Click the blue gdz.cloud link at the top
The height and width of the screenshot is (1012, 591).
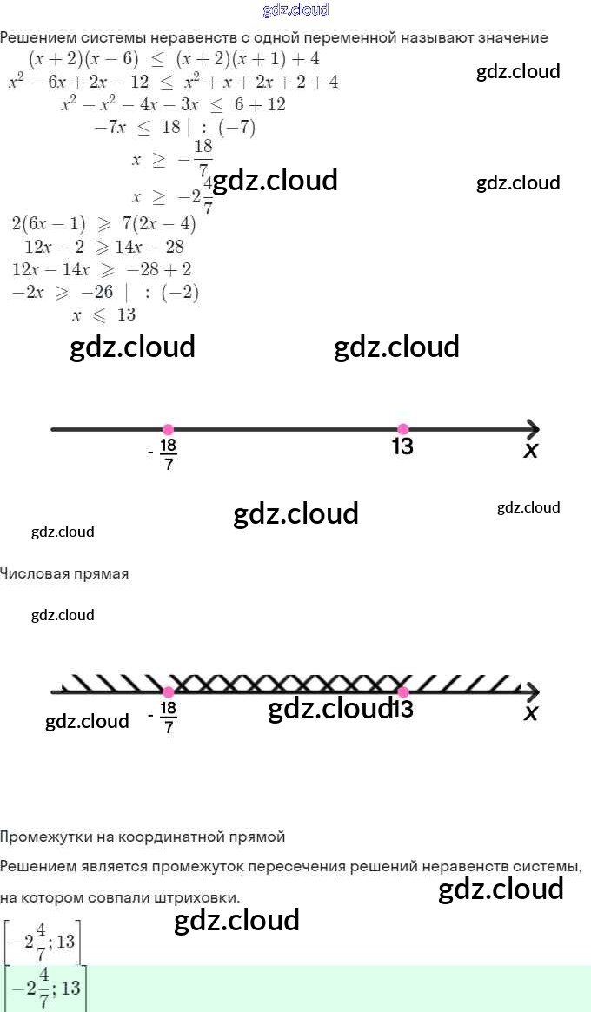295,10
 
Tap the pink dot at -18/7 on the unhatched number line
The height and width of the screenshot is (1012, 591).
169,429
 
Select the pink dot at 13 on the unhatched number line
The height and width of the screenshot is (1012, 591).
402,429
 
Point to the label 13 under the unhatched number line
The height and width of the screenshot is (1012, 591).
402,447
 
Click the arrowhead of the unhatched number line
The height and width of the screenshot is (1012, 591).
532,429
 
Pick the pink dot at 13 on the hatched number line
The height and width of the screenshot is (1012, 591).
402,691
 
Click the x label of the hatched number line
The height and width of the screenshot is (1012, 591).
531,713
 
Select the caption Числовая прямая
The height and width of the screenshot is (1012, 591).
64,573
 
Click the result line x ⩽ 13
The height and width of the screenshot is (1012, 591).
104,314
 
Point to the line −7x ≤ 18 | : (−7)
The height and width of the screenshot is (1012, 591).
174,127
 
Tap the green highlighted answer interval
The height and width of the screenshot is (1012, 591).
45,989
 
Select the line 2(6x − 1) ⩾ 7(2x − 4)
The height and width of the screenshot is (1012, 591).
104,224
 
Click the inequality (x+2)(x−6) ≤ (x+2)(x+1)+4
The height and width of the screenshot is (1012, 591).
174,60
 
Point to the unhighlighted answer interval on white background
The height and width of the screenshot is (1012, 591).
42,942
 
